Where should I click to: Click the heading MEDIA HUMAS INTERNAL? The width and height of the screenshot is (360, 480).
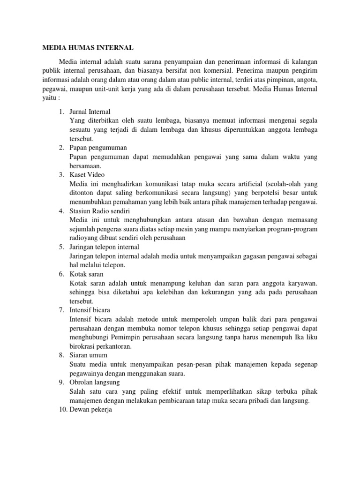point(88,47)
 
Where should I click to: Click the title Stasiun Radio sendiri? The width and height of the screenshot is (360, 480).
point(97,211)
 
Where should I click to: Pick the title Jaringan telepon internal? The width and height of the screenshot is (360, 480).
point(104,247)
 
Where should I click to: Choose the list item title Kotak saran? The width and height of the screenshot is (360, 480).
point(86,274)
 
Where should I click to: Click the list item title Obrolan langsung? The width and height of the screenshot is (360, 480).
point(95,382)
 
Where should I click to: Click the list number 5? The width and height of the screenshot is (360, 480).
point(61,247)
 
